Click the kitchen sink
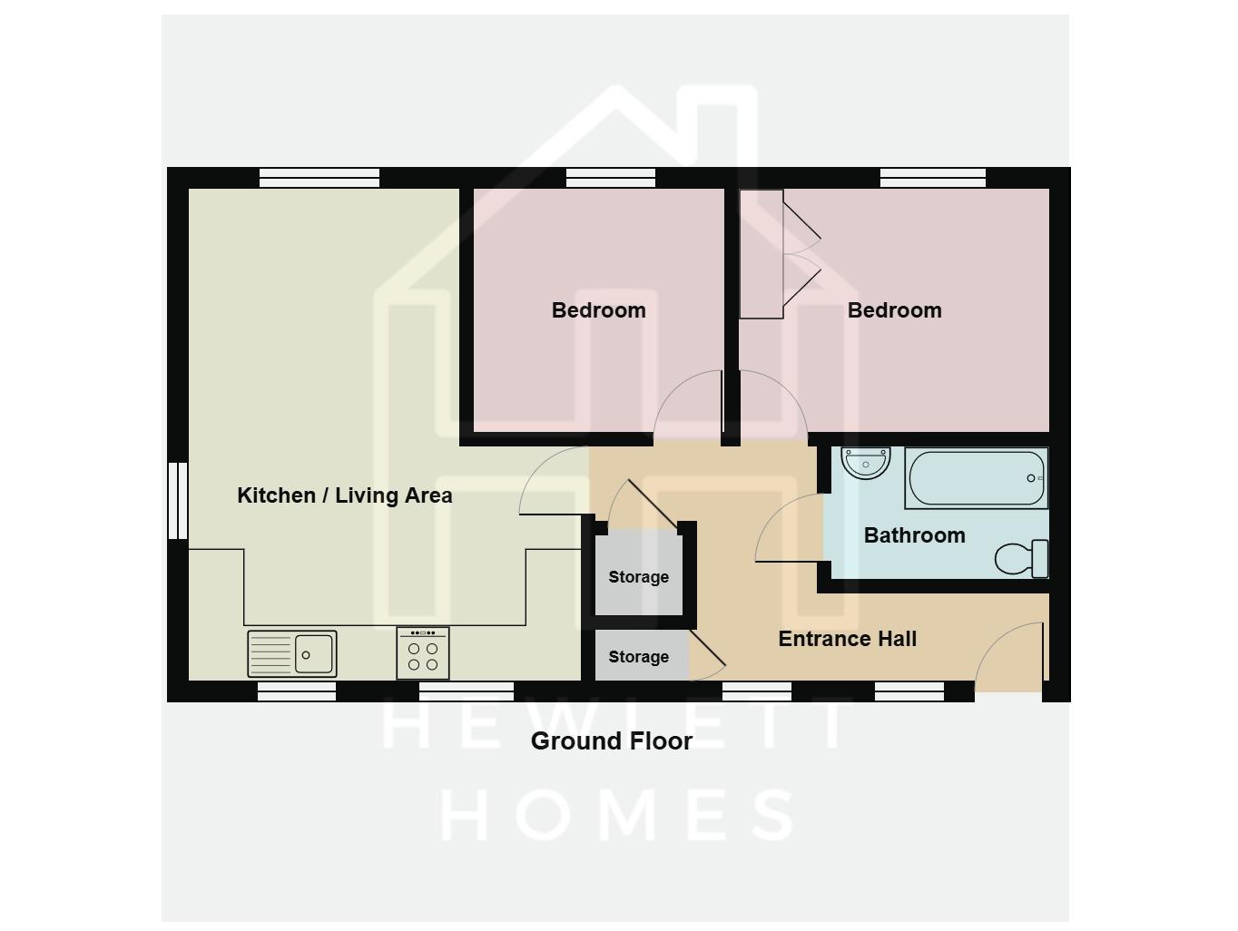tap(292, 653)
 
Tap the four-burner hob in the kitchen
tap(423, 654)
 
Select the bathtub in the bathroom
tap(976, 478)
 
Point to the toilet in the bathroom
tap(1022, 558)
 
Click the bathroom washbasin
tap(865, 463)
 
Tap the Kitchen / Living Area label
tap(344, 495)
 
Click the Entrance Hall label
tap(848, 639)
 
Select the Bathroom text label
tap(914, 535)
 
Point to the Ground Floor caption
tap(611, 741)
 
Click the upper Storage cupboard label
tap(638, 577)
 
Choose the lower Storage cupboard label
tap(638, 657)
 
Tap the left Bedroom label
tap(598, 310)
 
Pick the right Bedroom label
tap(894, 310)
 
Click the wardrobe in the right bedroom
tap(761, 254)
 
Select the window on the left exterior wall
tap(178, 501)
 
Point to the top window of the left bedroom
tap(610, 178)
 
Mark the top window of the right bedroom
tap(932, 178)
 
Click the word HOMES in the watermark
tap(617, 814)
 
